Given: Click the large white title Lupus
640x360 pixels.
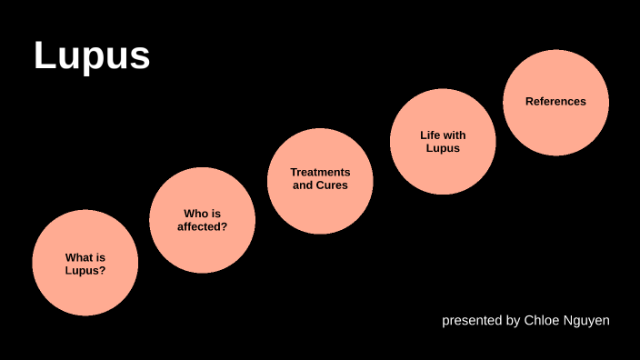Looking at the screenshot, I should [x=92, y=55].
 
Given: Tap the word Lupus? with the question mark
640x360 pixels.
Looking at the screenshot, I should [x=85, y=270].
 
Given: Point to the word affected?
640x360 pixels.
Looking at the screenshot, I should [x=202, y=226].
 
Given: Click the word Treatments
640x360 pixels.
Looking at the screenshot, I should [x=320, y=172].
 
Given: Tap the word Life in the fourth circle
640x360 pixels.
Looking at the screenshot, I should [x=430, y=135].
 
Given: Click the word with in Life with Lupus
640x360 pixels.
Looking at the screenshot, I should [x=455, y=135].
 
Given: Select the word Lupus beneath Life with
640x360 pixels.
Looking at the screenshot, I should [x=443, y=147].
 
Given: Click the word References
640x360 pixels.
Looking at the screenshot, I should [x=555, y=101].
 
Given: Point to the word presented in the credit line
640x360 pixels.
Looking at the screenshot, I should [x=469, y=320].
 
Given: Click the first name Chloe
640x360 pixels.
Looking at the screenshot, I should [x=543, y=320].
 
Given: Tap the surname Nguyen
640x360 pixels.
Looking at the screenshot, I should [x=587, y=320].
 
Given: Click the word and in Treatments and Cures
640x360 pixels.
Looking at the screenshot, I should [x=303, y=185].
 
